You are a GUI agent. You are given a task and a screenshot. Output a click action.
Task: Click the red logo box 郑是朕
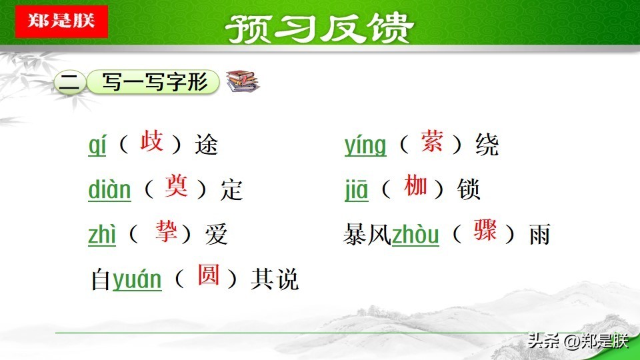click(x=61, y=21)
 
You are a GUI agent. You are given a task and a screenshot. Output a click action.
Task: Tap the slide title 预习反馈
click(x=319, y=28)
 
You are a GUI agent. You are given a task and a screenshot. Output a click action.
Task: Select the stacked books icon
click(x=243, y=81)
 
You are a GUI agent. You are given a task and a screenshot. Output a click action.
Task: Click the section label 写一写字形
click(x=155, y=82)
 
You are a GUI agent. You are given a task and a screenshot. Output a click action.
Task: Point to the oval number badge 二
click(x=70, y=83)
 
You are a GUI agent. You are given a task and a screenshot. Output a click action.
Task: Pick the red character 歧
click(x=151, y=141)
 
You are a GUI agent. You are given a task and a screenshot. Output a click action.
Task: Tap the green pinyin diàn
click(x=109, y=190)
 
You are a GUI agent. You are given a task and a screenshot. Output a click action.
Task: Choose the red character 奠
click(x=176, y=186)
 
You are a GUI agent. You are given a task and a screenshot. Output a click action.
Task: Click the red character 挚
click(x=166, y=231)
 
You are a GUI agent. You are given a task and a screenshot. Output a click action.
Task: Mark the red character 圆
click(x=209, y=275)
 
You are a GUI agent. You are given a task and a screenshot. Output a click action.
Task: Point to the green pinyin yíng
click(x=365, y=145)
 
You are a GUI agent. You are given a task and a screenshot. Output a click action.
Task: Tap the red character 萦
click(x=432, y=141)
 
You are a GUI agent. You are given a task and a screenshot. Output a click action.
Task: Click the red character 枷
click(x=416, y=185)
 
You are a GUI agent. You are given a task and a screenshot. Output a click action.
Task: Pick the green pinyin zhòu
click(x=415, y=235)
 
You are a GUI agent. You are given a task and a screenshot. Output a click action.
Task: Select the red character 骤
click(x=485, y=230)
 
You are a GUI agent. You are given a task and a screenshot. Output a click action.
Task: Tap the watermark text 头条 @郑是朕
click(x=578, y=341)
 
